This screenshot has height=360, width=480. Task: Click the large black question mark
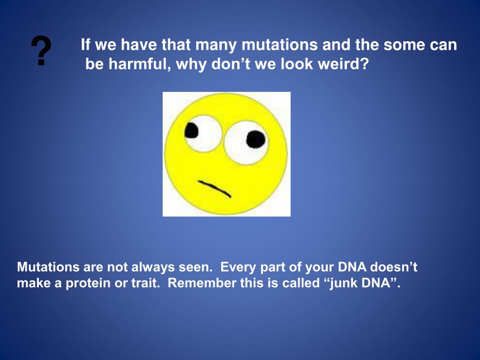[x=41, y=51]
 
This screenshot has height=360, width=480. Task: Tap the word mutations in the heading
[x=280, y=45]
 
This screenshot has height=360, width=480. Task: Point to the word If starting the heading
[x=85, y=45]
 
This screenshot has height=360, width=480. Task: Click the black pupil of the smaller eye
[x=192, y=130]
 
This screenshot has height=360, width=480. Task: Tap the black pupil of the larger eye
[x=256, y=139]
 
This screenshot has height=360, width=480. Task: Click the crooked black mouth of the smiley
[x=215, y=188]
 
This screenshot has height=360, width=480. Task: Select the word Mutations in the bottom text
[x=48, y=267]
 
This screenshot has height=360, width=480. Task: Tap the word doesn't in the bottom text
[x=394, y=267]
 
